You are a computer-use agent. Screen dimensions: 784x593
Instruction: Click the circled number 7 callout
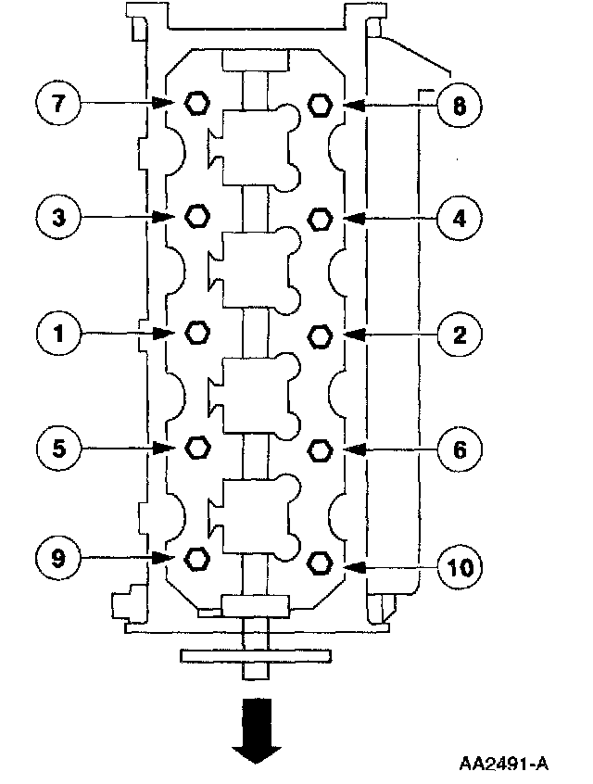tap(57, 103)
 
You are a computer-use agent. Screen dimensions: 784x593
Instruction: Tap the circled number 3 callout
tap(57, 218)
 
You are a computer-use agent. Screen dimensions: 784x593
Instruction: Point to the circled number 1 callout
tap(57, 334)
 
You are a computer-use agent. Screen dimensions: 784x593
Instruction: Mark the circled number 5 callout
tap(57, 449)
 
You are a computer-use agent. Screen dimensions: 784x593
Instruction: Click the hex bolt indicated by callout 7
tap(196, 102)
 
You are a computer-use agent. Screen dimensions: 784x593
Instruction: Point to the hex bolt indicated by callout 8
tap(319, 104)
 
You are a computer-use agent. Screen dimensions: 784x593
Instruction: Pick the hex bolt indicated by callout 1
tap(196, 333)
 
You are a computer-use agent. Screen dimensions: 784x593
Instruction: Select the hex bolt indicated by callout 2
tap(319, 334)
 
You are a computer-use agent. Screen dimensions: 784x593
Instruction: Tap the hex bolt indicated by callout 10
tap(319, 563)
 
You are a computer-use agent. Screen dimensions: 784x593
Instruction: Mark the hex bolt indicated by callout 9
tap(196, 558)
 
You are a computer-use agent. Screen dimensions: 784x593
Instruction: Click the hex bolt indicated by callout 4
tap(319, 219)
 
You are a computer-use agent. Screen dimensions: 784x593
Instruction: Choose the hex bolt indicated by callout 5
tap(196, 449)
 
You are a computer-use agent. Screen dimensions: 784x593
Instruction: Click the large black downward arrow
tap(257, 729)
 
